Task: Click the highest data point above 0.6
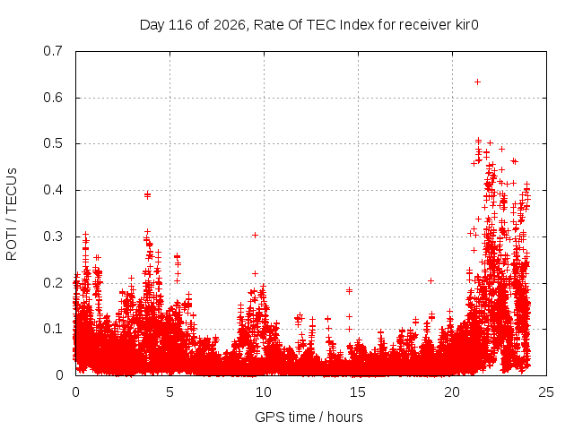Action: point(477,82)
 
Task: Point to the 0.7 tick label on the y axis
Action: point(53,51)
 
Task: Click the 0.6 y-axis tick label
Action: point(53,98)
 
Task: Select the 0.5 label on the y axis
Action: point(53,143)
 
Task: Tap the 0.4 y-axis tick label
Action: point(53,190)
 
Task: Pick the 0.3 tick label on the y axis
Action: point(53,236)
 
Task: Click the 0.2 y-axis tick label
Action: point(53,283)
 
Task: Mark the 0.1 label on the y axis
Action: point(53,329)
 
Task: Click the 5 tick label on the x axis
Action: point(170,392)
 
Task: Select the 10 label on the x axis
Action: point(264,392)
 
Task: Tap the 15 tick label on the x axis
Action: point(358,392)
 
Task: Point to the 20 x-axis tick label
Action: point(452,392)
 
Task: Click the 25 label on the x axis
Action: point(546,392)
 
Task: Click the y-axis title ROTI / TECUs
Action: point(12,214)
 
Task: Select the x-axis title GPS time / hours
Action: point(309,417)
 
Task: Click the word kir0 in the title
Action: point(466,25)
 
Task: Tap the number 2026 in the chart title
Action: point(230,25)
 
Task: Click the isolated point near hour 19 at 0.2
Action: point(430,280)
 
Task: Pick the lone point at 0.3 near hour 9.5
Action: point(255,235)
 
